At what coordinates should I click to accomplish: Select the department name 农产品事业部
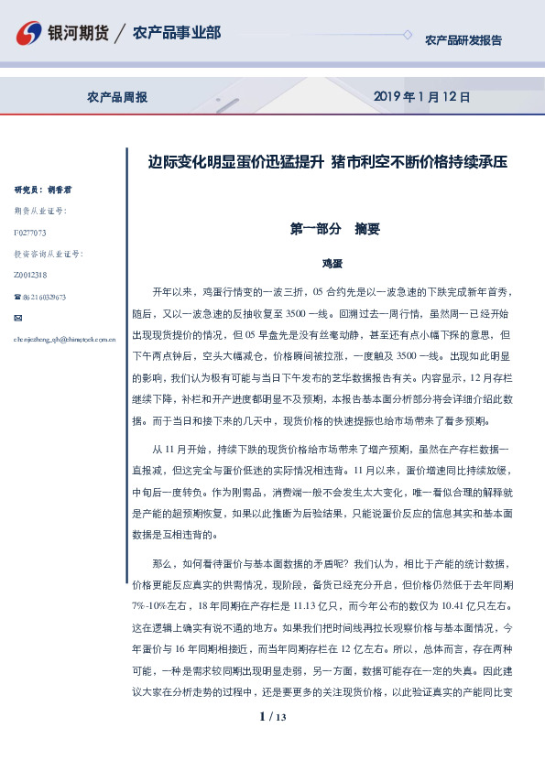pos(177,34)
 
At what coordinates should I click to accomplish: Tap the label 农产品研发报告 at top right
pos(463,40)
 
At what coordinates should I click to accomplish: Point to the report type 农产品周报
pos(117,96)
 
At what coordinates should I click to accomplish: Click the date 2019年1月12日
pos(422,96)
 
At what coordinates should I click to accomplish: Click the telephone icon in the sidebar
pos(17,297)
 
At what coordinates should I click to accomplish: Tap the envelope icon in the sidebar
pos(18,318)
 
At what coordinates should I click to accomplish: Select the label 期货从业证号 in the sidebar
pos(41,212)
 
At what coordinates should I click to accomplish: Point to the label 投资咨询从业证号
pos(48,254)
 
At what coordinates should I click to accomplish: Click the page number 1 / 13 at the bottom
pos(273,717)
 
